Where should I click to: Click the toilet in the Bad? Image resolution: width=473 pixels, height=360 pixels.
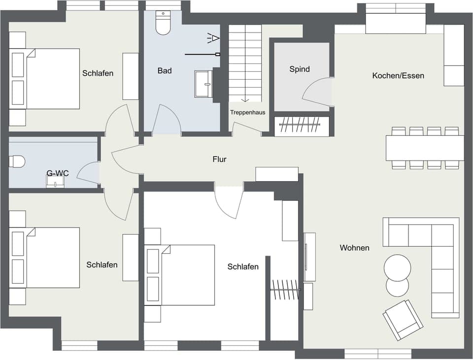tap(163, 23)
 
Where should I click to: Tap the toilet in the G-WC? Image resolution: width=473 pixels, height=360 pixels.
tap(17, 162)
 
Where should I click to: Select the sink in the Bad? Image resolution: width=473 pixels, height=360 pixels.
tap(203, 84)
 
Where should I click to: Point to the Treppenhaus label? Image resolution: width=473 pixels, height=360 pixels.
tap(247, 112)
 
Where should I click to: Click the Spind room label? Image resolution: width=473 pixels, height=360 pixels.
tap(300, 69)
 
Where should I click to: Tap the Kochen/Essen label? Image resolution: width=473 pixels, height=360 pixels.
tap(398, 75)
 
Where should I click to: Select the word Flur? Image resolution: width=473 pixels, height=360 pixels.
tap(219, 159)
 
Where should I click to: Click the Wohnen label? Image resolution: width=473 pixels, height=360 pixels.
tap(354, 248)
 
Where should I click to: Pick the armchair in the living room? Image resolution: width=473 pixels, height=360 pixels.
tap(403, 320)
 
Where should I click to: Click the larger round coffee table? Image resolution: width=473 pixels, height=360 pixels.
tap(397, 267)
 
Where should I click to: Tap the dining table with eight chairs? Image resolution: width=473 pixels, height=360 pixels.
tap(425, 148)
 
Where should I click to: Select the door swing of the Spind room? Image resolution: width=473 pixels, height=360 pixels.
tap(316, 93)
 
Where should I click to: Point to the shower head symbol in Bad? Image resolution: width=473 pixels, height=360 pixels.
tap(213, 37)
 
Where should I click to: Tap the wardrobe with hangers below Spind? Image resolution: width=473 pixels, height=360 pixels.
tap(301, 126)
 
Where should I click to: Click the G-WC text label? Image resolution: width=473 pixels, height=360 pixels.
tap(57, 173)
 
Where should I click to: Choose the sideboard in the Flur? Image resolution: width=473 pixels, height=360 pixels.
tap(277, 174)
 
